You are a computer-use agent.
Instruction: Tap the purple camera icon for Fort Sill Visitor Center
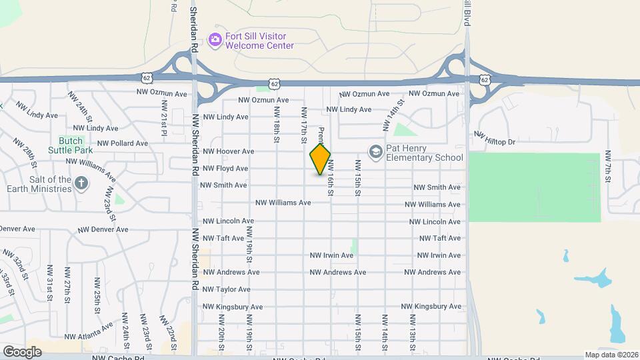click(x=215, y=40)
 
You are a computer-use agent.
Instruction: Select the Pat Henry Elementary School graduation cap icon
click(x=375, y=153)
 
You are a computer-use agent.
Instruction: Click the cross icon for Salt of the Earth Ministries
click(x=81, y=183)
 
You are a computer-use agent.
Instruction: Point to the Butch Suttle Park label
click(x=70, y=145)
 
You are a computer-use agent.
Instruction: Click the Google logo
click(x=22, y=351)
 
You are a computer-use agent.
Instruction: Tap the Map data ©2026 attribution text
click(x=612, y=355)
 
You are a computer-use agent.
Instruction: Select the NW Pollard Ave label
click(x=123, y=143)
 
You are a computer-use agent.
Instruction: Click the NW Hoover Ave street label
click(x=229, y=151)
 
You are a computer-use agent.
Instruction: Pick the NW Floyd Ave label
click(x=225, y=169)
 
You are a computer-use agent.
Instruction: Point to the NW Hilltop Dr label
click(x=495, y=138)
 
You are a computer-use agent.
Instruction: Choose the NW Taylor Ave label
click(x=227, y=289)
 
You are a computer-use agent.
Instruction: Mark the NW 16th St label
click(x=330, y=181)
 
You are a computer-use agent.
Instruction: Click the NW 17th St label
click(x=303, y=125)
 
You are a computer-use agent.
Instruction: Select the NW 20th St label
click(x=221, y=338)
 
